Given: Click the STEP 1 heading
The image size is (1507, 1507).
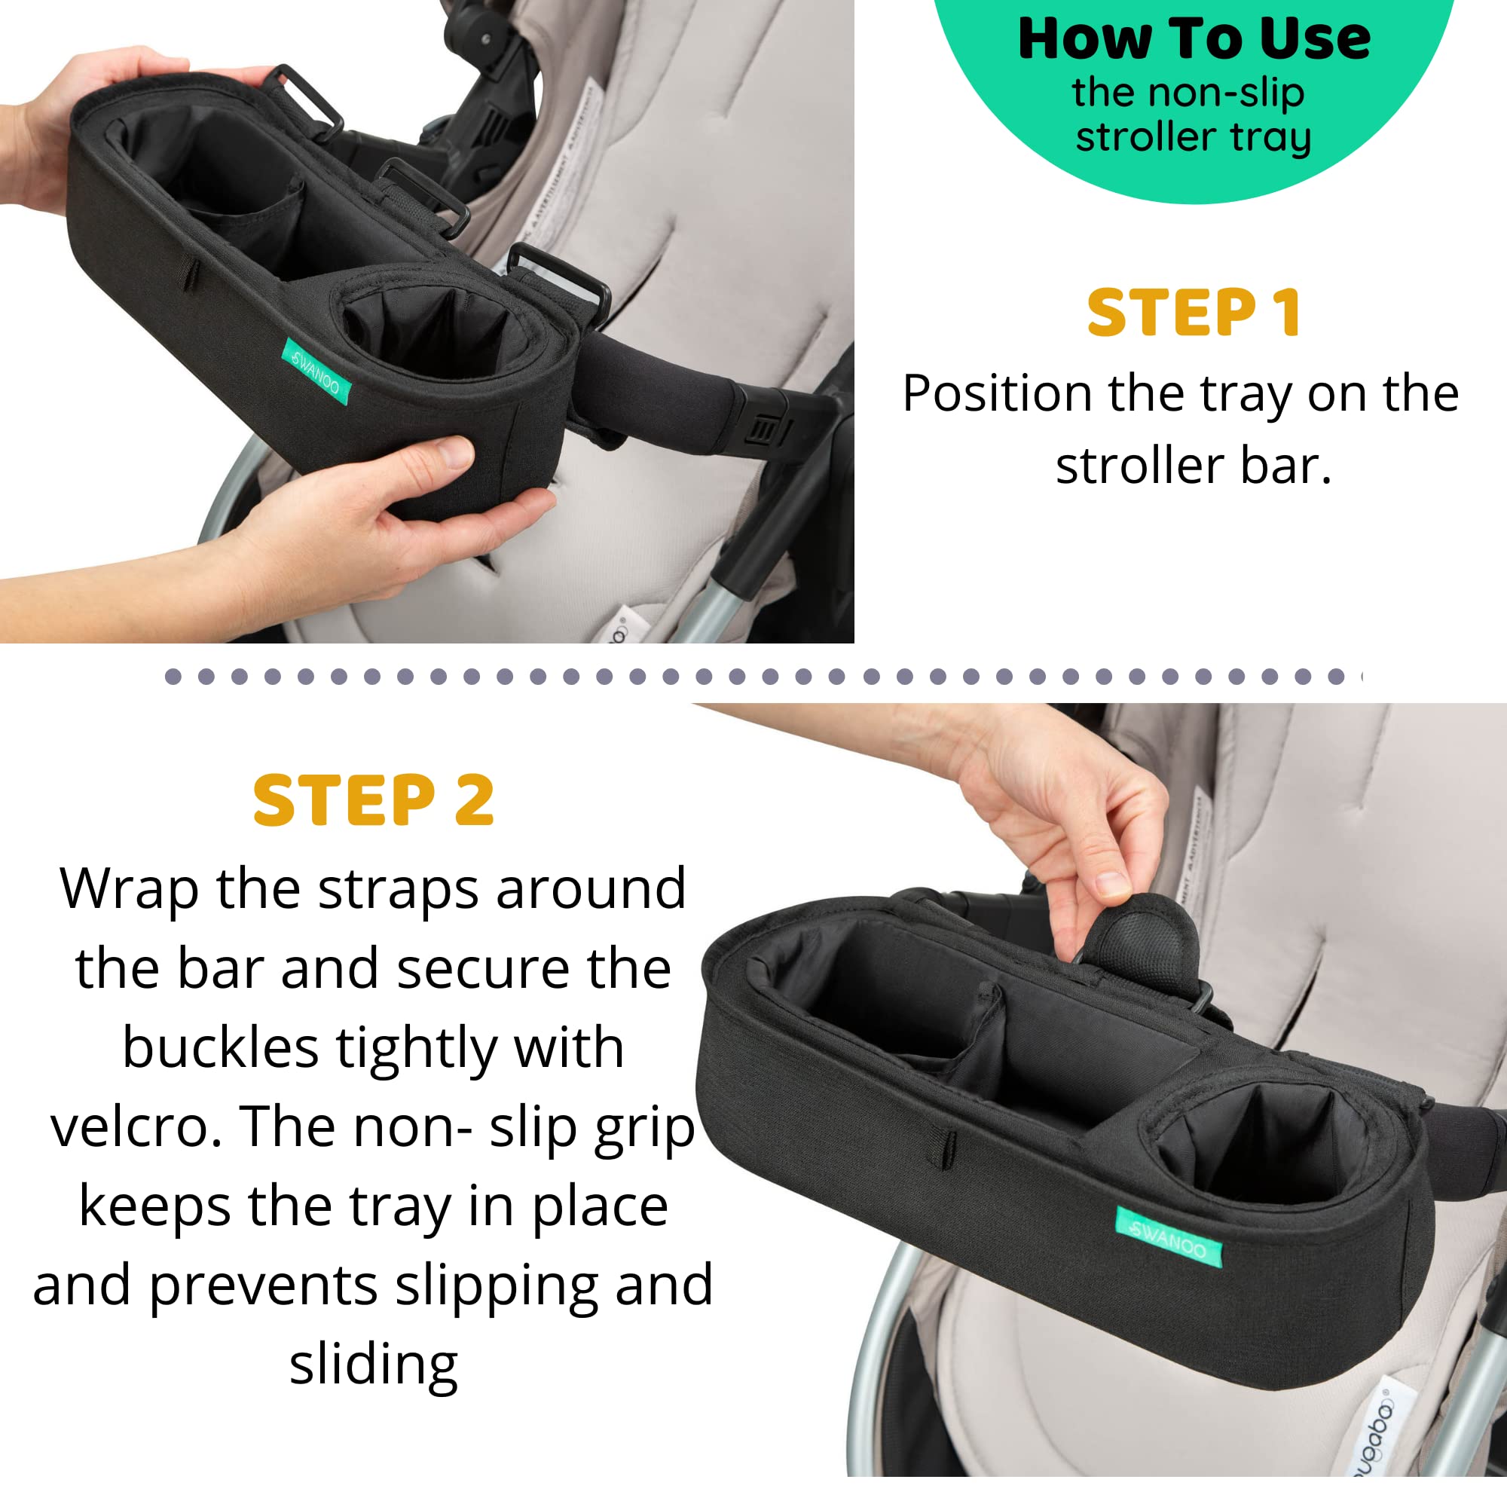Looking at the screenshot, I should [x=1194, y=313].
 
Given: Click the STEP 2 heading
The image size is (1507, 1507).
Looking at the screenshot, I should [x=374, y=800].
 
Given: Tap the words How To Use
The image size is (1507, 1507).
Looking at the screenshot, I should [x=1194, y=39].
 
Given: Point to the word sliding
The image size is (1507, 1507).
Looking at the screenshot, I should [x=374, y=1365].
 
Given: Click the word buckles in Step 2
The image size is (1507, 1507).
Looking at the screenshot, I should [x=220, y=1047].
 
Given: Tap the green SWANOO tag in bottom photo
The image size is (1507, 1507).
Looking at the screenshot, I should [x=1169, y=1236].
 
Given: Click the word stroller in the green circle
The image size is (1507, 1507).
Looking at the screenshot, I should [x=1145, y=138].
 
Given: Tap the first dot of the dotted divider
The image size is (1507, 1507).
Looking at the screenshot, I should [x=173, y=677].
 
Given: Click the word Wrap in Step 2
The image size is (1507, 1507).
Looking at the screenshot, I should [x=130, y=889].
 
